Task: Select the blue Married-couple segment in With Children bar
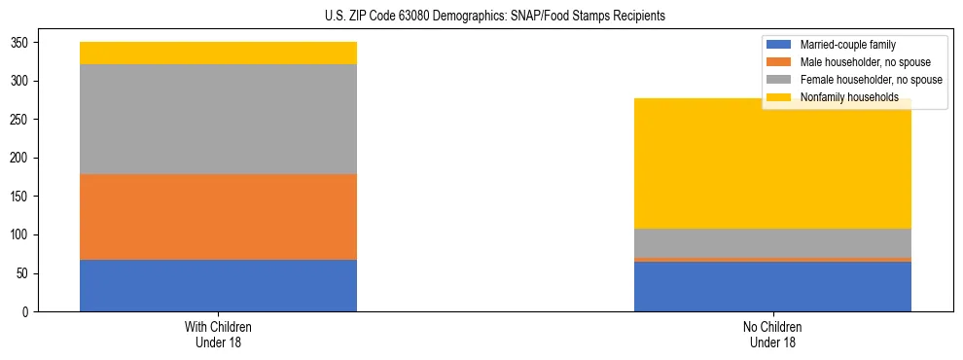tap(218, 285)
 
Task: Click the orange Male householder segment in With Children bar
tap(218, 217)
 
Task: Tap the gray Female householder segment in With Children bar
tap(218, 119)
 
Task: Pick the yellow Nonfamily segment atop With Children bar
tap(218, 53)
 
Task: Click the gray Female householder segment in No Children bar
tap(772, 243)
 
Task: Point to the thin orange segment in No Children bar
tap(772, 260)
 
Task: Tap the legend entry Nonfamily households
tap(842, 97)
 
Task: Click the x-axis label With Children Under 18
tap(218, 335)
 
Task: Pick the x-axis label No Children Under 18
tap(772, 335)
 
